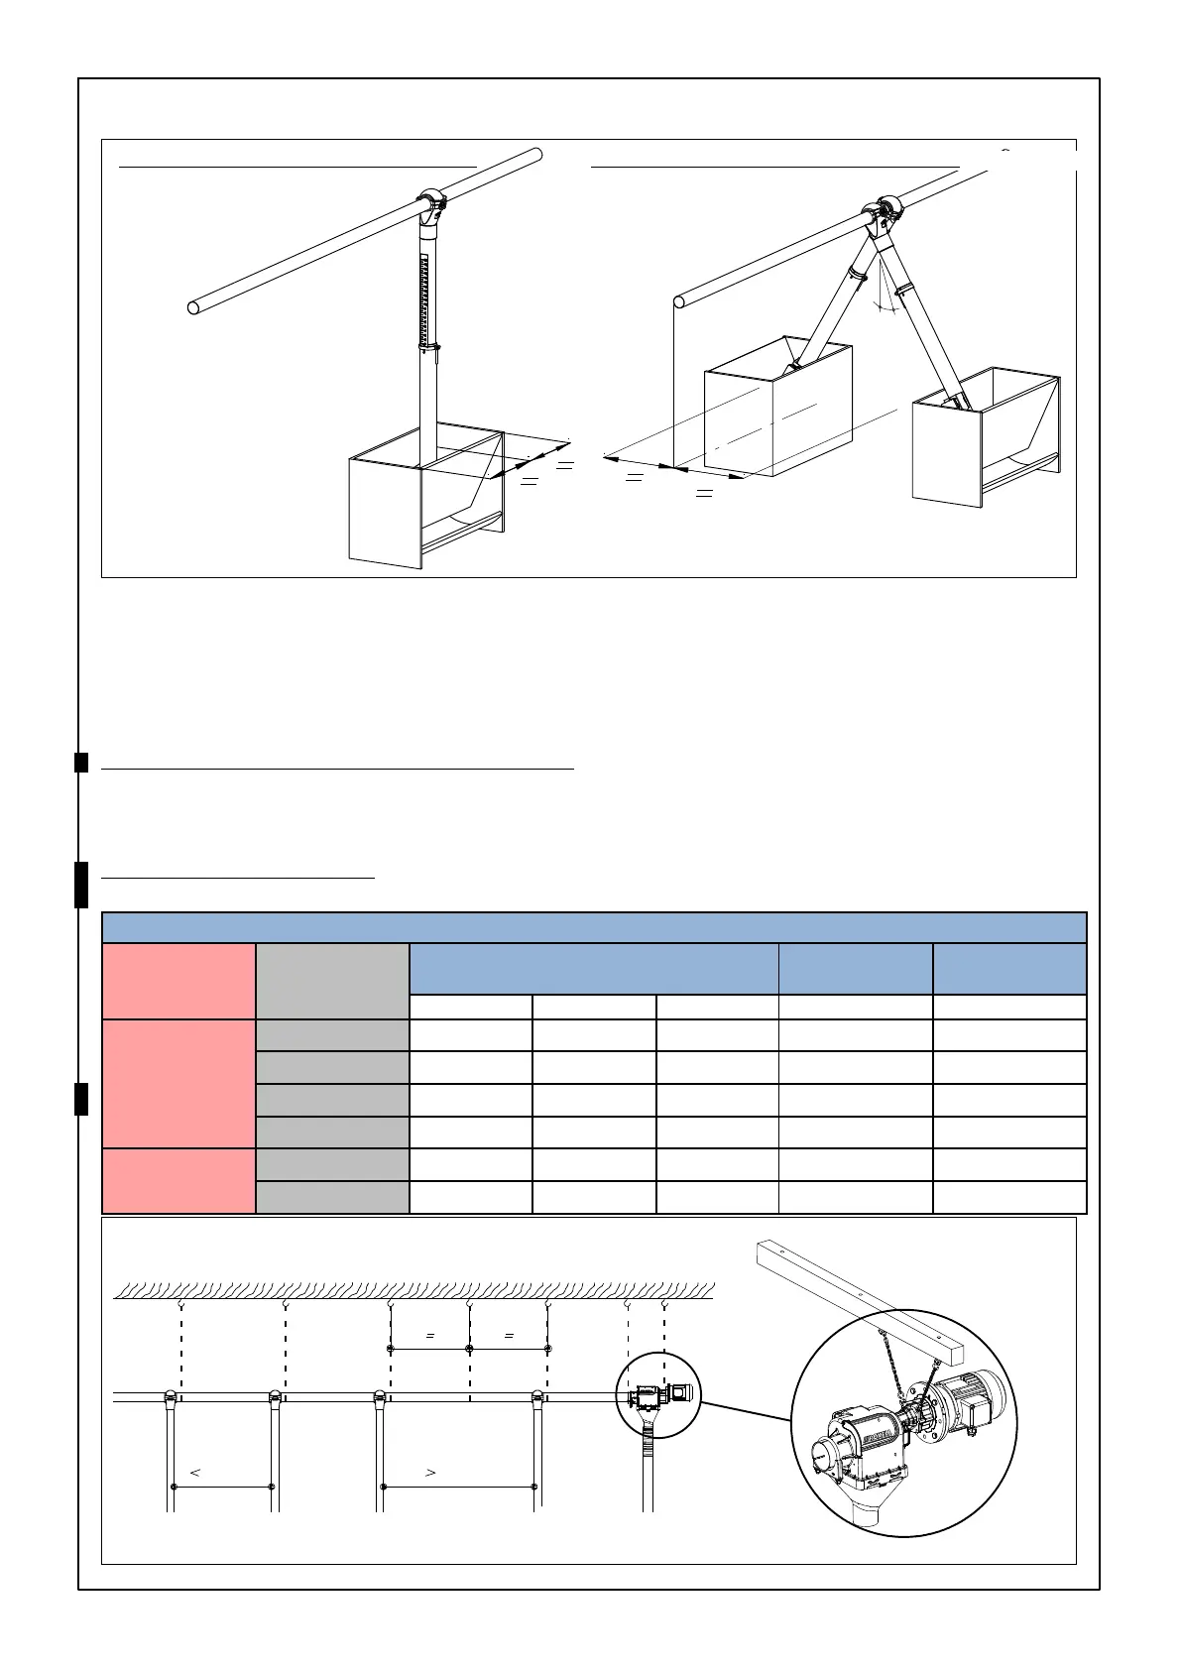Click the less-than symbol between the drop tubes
pos(195,1473)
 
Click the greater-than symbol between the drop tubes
pos(430,1473)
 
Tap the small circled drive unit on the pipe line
pos(657,1394)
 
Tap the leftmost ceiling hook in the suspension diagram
pos(180,1306)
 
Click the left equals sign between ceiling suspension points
pos(430,1336)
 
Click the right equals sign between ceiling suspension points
pos(509,1336)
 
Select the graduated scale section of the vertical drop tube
pos(427,298)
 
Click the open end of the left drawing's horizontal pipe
pos(194,306)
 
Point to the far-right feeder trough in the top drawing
pos(987,436)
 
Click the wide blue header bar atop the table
pos(594,928)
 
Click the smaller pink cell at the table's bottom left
pos(178,1180)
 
